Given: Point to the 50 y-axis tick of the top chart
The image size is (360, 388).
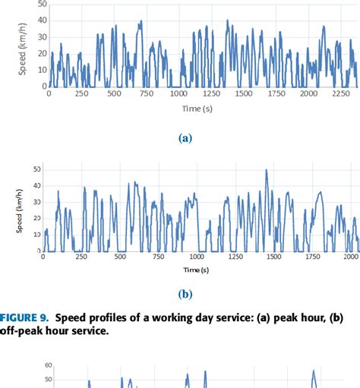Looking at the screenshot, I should (43, 4).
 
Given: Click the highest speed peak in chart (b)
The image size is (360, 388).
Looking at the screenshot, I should (266, 170).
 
